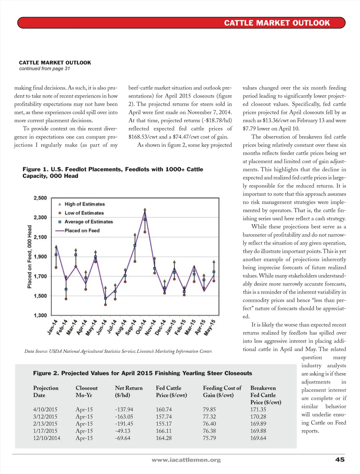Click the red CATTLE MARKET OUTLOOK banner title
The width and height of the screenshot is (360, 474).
277,23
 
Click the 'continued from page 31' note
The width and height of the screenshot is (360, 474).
44,69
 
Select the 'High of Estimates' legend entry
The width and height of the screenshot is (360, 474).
84,204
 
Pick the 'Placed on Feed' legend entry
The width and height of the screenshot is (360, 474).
82,230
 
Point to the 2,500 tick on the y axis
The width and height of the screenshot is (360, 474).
40,198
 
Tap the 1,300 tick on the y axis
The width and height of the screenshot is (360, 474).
40,315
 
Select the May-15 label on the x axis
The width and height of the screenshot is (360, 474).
210,327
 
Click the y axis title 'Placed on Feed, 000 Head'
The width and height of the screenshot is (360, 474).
30,257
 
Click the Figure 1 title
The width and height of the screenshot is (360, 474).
113,173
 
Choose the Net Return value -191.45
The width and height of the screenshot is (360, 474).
124,424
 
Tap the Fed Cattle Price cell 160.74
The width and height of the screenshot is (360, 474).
164,409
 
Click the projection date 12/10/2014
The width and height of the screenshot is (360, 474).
46,438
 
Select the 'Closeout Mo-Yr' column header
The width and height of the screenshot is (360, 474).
86,391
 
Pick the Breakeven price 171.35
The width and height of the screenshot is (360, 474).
258,409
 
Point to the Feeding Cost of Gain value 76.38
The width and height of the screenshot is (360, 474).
209,431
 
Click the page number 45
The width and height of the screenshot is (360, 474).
340,460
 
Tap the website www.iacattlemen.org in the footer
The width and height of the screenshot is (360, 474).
186,460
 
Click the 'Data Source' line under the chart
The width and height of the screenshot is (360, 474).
118,351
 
